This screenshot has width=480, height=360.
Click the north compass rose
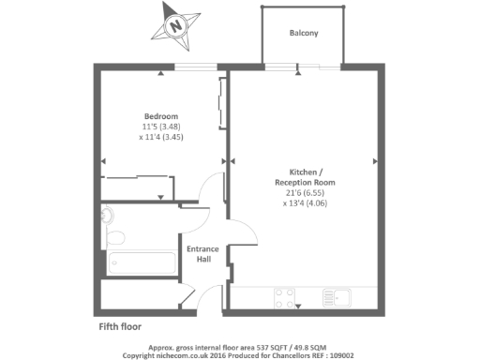(x=174, y=25)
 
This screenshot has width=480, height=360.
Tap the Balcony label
(x=303, y=33)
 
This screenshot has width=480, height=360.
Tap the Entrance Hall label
(x=202, y=253)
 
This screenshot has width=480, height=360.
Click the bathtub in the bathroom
(x=142, y=262)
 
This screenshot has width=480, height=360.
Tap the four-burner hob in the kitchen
(x=285, y=299)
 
